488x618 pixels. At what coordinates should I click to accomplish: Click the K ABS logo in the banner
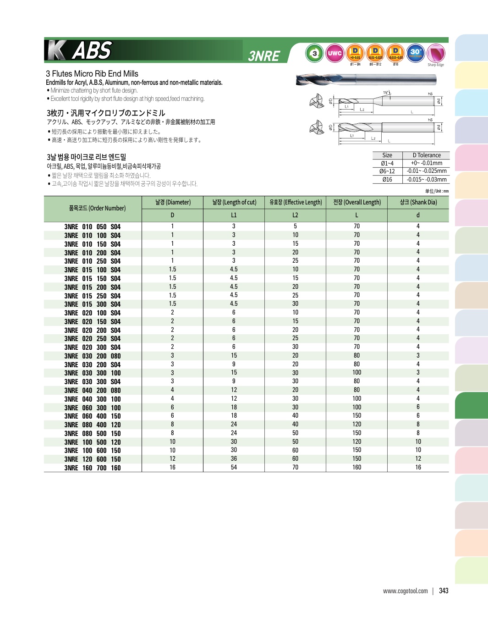point(80,50)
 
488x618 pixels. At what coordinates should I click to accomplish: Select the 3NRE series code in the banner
point(264,56)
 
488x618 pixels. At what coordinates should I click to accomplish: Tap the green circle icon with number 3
point(314,53)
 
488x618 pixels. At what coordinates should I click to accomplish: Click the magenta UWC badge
point(334,53)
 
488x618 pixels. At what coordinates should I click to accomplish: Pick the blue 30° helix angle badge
point(416,53)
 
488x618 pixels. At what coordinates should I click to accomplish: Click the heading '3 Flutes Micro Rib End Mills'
point(92,74)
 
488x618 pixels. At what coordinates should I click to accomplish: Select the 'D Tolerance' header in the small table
point(426,155)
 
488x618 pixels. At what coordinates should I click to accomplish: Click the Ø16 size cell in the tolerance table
point(387,180)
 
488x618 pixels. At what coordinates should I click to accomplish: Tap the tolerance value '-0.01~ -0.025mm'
point(426,171)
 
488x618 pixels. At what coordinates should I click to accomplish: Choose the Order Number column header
point(97,208)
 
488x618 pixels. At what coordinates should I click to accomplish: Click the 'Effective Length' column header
point(296,202)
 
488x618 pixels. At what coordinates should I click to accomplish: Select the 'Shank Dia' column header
point(418,202)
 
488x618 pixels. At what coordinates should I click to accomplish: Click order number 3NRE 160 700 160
point(93,468)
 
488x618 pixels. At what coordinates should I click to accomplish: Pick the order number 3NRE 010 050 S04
point(93,227)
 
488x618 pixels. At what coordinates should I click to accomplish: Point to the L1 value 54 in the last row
point(234,468)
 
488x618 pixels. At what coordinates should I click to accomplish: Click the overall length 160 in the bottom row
point(356,468)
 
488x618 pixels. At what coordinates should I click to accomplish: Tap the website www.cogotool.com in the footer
point(405,591)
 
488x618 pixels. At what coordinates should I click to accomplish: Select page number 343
point(444,591)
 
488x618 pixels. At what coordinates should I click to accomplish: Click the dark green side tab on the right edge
point(471,405)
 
